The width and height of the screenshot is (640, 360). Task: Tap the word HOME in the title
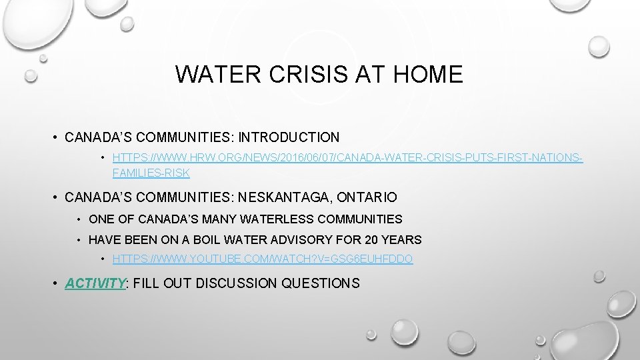click(428, 74)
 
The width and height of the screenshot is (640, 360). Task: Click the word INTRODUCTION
click(289, 137)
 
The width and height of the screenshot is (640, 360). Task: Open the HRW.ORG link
click(347, 158)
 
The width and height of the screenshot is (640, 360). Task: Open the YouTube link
click(263, 259)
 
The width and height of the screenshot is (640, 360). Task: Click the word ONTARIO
click(367, 197)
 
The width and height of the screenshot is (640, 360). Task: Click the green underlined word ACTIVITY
click(95, 283)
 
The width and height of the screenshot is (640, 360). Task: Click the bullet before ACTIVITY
click(55, 283)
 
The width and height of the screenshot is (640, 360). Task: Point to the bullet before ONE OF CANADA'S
click(79, 219)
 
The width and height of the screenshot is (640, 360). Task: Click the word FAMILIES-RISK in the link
click(151, 173)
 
